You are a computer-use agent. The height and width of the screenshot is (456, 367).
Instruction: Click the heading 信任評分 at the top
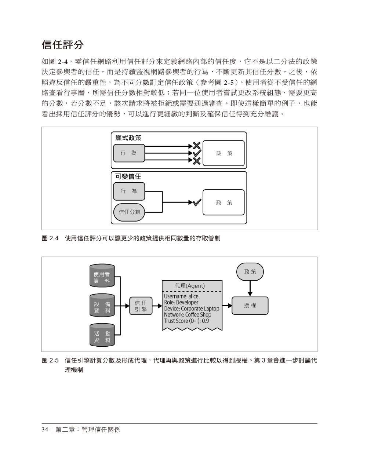tap(63, 45)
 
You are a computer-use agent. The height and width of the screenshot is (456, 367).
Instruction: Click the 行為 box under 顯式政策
tap(129, 153)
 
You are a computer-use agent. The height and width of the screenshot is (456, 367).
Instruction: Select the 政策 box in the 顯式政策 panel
tap(224, 153)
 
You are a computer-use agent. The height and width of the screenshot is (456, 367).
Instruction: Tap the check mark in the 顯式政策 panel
tap(197, 153)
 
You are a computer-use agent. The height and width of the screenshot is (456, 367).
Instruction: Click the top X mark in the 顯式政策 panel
tap(197, 145)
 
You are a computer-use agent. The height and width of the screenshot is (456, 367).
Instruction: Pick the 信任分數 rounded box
tap(129, 212)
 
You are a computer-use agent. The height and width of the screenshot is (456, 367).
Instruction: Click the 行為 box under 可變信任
tap(129, 191)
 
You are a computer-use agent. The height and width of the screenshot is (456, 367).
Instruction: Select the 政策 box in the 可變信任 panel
tap(224, 203)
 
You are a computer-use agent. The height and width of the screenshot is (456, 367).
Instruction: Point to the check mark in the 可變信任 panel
tap(197, 202)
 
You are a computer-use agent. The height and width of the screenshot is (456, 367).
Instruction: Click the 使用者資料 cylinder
tap(102, 276)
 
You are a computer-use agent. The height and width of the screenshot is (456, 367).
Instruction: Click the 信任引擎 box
tap(141, 306)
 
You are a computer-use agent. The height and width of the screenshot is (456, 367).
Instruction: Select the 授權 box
tap(250, 306)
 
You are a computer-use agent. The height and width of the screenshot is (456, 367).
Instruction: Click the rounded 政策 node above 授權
tap(250, 272)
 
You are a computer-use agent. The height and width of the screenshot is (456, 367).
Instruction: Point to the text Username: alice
tap(181, 296)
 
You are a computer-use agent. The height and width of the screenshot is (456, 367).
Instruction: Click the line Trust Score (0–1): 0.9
tap(186, 321)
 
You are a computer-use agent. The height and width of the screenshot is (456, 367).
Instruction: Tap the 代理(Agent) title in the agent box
tap(190, 286)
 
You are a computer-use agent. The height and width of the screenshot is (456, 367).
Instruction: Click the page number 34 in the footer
tap(45, 430)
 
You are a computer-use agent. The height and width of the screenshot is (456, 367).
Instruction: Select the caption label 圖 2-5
tap(50, 361)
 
